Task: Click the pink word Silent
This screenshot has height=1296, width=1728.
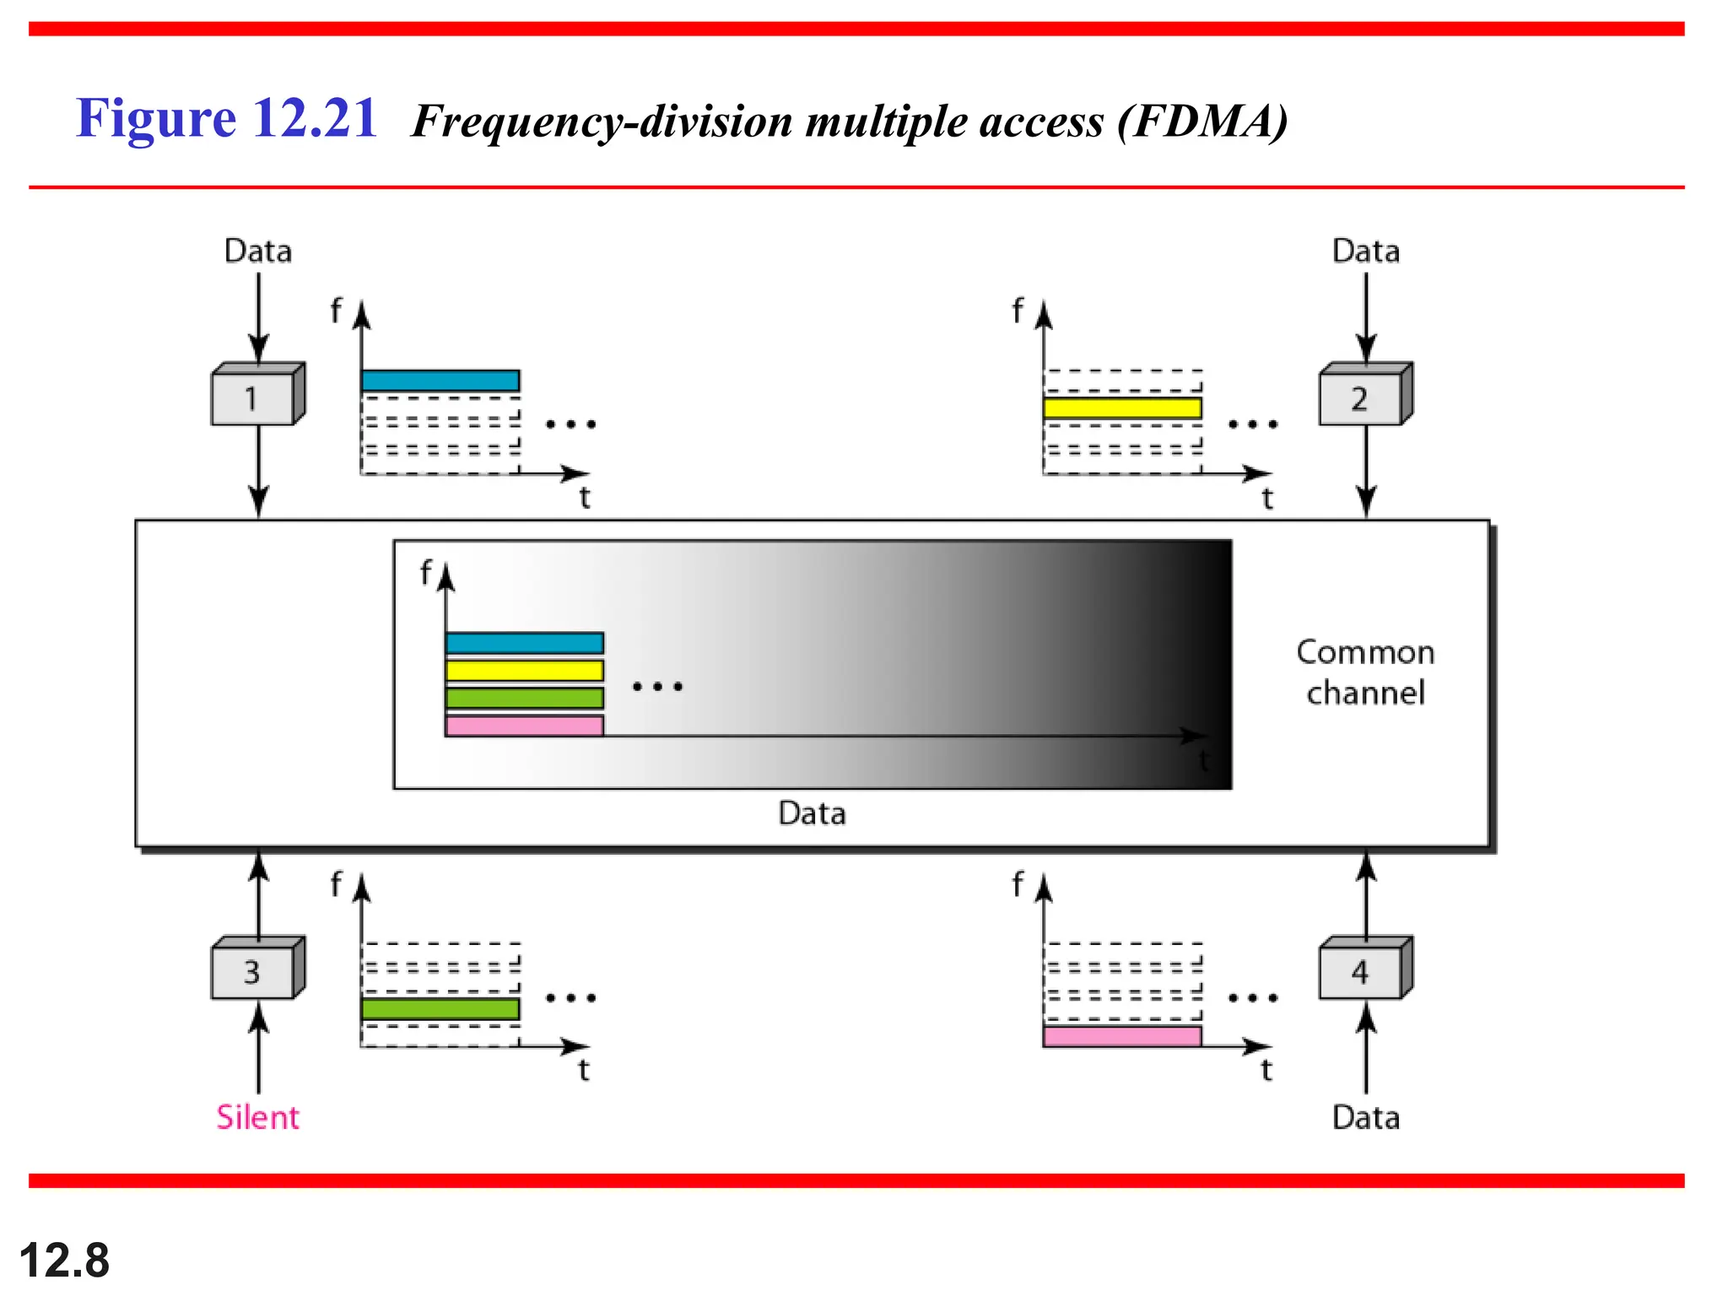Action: click(x=257, y=1117)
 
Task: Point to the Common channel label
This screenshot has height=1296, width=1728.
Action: click(x=1365, y=672)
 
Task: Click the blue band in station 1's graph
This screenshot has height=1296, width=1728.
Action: click(x=440, y=381)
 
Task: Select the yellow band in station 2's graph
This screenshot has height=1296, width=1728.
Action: click(x=1122, y=408)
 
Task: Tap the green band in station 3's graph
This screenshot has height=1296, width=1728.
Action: click(x=440, y=1009)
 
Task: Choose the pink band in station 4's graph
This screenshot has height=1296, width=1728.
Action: click(x=1122, y=1036)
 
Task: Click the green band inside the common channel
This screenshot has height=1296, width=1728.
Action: click(x=524, y=698)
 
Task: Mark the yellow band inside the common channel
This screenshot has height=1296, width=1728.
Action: click(x=524, y=671)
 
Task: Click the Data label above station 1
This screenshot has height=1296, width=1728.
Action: click(x=257, y=251)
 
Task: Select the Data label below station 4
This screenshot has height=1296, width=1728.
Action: click(x=1365, y=1117)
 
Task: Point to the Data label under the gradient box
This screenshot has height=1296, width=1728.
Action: click(x=812, y=813)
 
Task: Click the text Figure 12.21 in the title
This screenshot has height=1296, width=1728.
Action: click(x=226, y=118)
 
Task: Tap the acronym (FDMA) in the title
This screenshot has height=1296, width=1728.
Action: click(x=1203, y=121)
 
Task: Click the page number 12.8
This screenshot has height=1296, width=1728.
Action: click(x=64, y=1261)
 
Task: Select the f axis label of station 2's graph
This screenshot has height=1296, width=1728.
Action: click(x=1017, y=310)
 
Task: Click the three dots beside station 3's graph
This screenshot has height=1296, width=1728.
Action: click(x=571, y=998)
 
